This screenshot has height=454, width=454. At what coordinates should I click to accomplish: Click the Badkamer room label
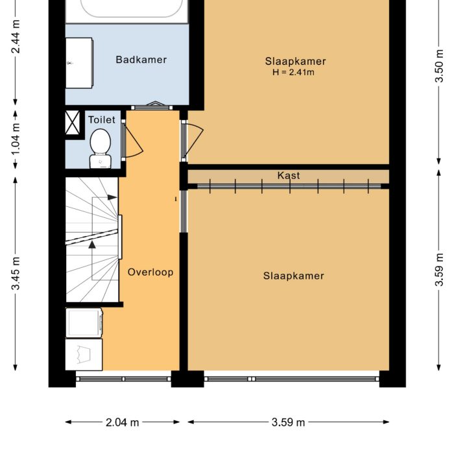pos(141,60)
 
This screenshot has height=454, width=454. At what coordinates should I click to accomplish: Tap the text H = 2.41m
pos(293,73)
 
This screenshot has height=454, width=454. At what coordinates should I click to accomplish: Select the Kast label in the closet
pos(289,176)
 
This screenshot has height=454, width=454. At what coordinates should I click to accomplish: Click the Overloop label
pos(150,272)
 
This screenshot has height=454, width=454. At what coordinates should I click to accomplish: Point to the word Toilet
pos(102,120)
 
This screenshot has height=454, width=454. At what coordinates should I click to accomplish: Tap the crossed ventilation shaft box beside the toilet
pos(73,123)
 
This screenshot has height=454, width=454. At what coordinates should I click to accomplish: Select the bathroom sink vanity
pos(78,62)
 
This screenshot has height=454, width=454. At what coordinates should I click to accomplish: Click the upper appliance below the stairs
pos(84,322)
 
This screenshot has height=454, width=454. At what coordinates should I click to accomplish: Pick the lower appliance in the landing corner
pos(83,355)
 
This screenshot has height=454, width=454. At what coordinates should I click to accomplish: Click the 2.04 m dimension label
pos(122,422)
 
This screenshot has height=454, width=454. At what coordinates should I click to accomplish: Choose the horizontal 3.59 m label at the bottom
pos(288,422)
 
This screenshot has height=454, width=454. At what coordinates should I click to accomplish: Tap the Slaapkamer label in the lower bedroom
pos(293,276)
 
